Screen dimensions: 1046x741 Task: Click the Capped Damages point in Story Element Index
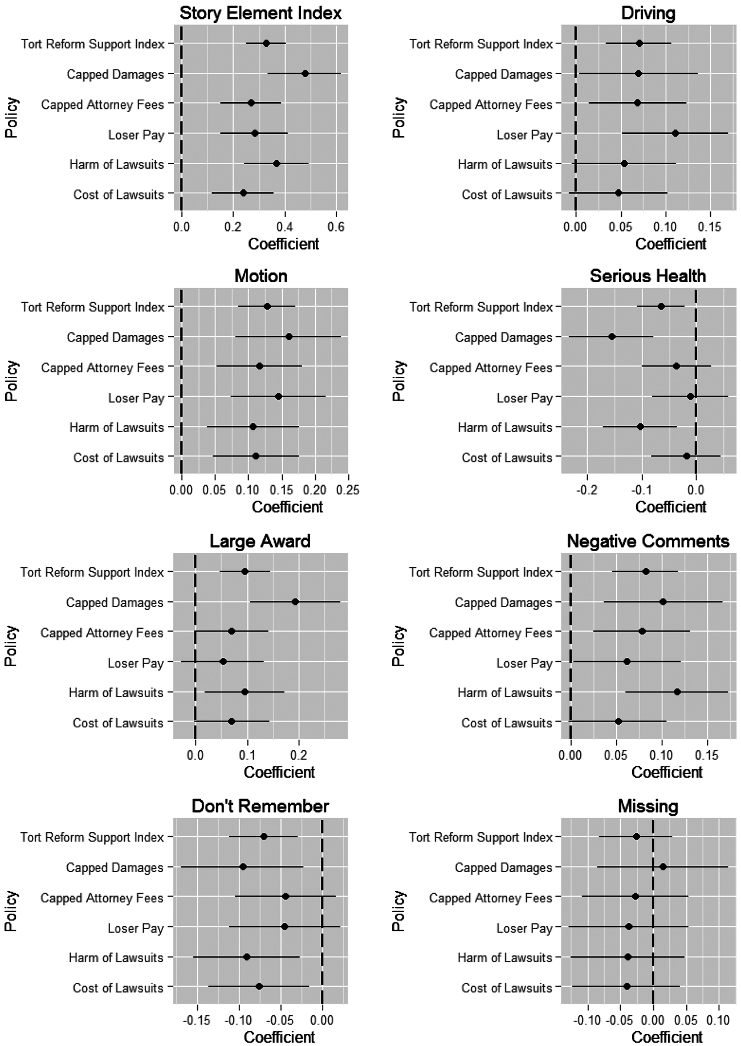(x=305, y=74)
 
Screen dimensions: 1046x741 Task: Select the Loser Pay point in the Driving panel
(x=675, y=133)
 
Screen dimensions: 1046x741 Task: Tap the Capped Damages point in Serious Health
(x=612, y=336)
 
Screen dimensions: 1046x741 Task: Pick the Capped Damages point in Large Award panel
(x=295, y=602)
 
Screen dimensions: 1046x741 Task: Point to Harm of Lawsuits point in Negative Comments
(x=677, y=692)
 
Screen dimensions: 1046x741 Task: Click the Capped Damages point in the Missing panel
(x=663, y=867)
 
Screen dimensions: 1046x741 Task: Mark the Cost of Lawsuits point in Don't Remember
(x=259, y=987)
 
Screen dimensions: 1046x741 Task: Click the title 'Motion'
(x=261, y=276)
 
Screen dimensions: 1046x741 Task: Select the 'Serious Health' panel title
(x=648, y=276)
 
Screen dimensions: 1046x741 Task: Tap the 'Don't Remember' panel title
(x=260, y=807)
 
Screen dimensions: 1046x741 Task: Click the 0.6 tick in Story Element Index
(x=337, y=227)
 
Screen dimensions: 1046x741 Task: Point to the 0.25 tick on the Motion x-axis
(x=348, y=490)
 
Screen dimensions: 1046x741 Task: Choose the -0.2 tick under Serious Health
(x=588, y=490)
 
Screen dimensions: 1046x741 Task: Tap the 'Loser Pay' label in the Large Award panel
(x=136, y=663)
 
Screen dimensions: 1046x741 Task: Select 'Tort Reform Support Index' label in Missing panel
(x=481, y=837)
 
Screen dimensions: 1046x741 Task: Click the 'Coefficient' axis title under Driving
(x=670, y=244)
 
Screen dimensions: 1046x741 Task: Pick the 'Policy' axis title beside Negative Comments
(x=399, y=646)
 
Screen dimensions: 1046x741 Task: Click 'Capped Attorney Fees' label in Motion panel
(x=103, y=368)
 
